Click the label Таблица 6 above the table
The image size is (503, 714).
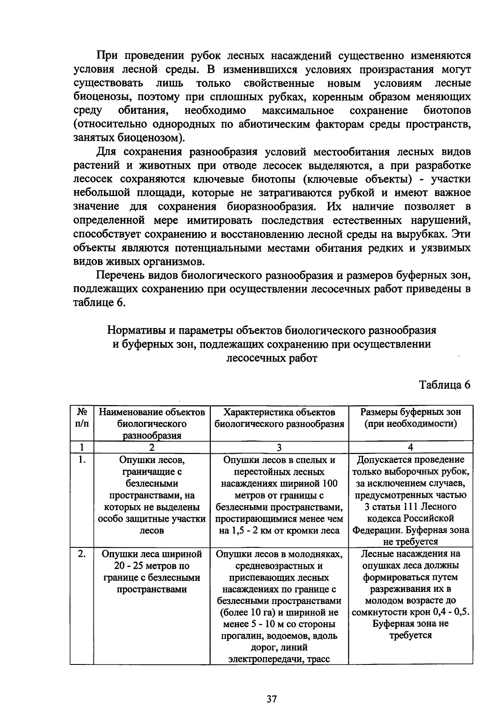click(x=445, y=385)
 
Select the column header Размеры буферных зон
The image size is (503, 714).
click(x=410, y=412)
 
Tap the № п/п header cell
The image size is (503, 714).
click(x=82, y=418)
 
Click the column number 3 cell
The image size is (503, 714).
click(x=279, y=447)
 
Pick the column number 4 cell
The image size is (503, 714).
click(x=410, y=447)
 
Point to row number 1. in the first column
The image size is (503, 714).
click(x=82, y=460)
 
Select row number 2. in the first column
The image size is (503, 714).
click(x=82, y=554)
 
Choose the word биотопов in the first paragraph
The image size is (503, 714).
click(x=447, y=110)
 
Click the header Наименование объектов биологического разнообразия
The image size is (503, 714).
click(x=152, y=424)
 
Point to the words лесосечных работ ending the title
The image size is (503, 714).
click(x=272, y=358)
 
